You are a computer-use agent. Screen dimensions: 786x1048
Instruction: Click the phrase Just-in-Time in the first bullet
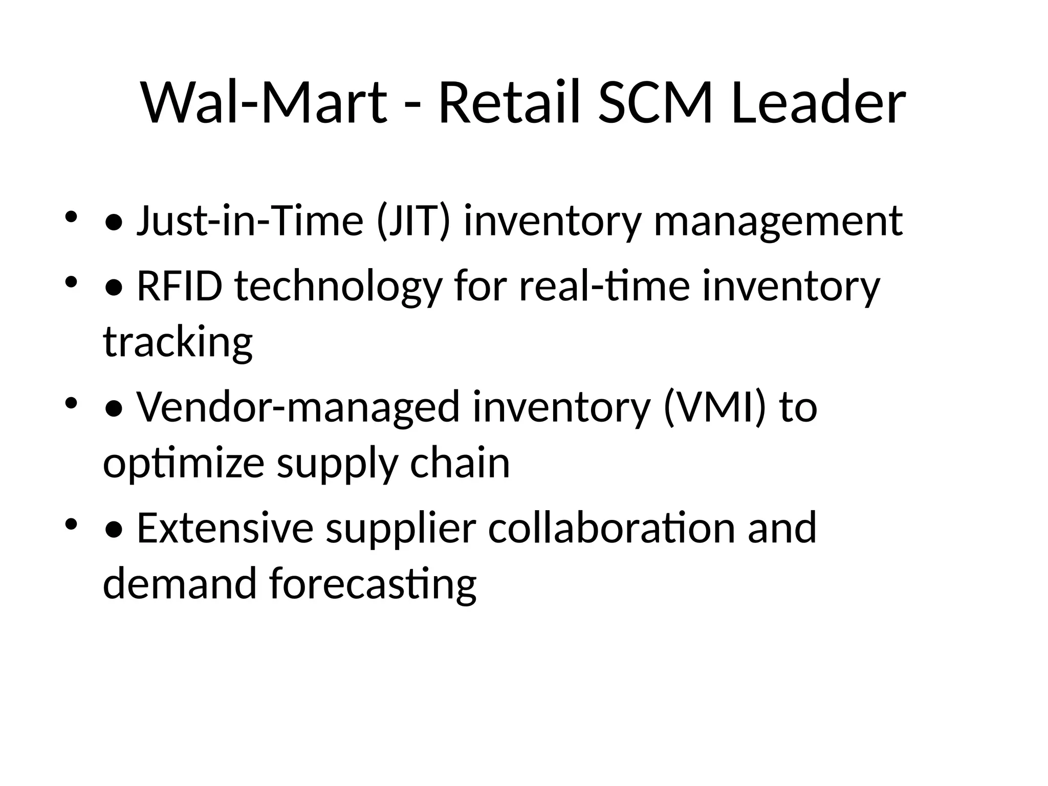[250, 221]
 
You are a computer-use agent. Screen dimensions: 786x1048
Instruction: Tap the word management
[778, 221]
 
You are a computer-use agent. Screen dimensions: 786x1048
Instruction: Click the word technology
[338, 288]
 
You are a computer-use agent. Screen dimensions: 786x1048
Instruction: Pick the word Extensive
[225, 528]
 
